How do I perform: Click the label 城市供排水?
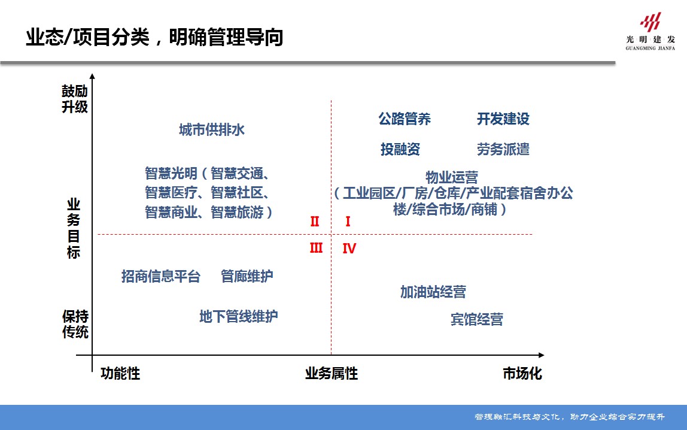tap(212, 130)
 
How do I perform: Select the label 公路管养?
tap(405, 119)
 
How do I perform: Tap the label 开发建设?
tap(503, 119)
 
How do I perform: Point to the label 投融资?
tap(400, 150)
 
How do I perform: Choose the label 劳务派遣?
tap(503, 150)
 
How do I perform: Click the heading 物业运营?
tap(452, 177)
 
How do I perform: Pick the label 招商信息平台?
tap(161, 276)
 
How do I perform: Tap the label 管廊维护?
tap(247, 276)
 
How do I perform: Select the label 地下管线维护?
tap(238, 316)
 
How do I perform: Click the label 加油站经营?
tap(433, 292)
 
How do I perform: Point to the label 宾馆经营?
tap(477, 320)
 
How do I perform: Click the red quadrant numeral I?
tap(348, 222)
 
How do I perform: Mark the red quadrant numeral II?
tap(315, 222)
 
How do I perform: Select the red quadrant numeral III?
tap(316, 248)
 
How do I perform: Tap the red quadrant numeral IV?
tap(349, 249)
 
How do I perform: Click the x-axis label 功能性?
tap(120, 374)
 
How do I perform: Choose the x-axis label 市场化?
tap(522, 374)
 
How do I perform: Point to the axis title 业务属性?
tap(332, 374)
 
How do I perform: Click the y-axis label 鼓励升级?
tap(74, 99)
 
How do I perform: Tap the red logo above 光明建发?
tap(650, 22)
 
